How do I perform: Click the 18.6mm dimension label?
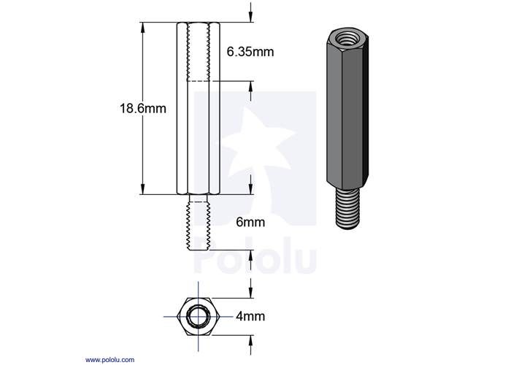tap(143, 108)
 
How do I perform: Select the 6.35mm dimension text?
tap(250, 52)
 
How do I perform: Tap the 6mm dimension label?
tap(250, 222)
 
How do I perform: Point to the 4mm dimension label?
tap(250, 316)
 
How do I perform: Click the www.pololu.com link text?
tap(109, 360)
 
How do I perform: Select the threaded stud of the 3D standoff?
tap(347, 210)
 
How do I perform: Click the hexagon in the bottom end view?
tap(199, 316)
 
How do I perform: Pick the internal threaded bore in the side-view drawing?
tap(198, 52)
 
